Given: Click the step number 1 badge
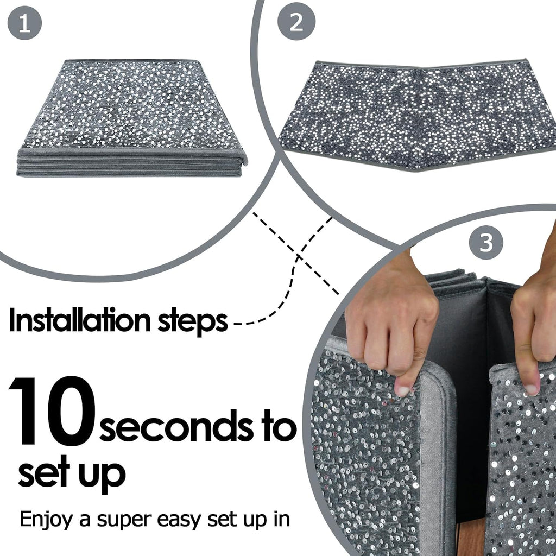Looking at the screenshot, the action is point(24,23).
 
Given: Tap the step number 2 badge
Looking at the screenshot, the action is point(296,21).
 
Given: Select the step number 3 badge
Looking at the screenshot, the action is point(486,243).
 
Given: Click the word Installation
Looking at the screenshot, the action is point(80,319).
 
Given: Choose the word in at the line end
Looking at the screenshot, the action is point(282,519).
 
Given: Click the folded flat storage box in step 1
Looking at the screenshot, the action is point(132,118).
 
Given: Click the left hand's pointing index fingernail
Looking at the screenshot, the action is point(402,390).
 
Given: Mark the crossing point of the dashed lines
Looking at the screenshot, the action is point(298,255).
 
